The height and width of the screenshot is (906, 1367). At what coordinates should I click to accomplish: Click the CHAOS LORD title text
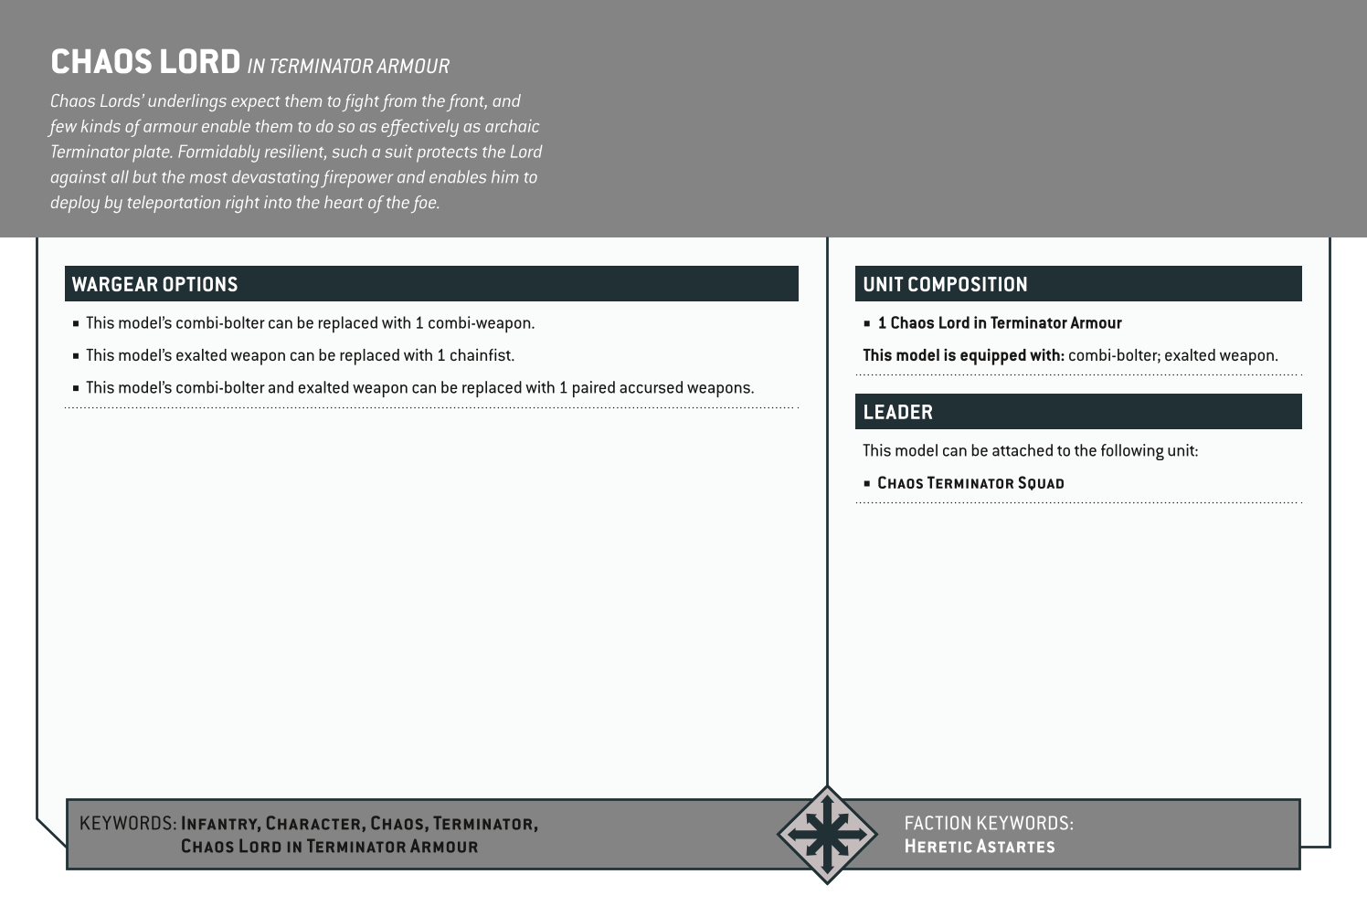[145, 62]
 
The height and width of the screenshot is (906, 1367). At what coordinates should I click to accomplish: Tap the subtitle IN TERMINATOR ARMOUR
[348, 66]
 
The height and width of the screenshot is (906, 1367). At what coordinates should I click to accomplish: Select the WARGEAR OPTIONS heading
[154, 284]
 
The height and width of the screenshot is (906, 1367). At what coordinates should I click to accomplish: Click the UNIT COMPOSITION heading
[945, 284]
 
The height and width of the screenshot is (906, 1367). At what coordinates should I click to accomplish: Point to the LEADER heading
[897, 412]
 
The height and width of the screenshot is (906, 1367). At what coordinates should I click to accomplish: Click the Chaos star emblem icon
[826, 834]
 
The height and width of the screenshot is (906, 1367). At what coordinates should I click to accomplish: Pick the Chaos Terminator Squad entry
[970, 483]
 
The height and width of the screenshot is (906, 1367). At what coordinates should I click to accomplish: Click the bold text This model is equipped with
[963, 355]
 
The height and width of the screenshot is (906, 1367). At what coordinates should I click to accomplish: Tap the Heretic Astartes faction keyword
[979, 847]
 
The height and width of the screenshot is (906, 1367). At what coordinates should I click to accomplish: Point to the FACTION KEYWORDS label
[988, 823]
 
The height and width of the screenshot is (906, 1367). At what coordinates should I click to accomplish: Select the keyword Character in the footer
[315, 824]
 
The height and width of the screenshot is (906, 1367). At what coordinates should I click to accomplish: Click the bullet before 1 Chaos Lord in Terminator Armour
[867, 323]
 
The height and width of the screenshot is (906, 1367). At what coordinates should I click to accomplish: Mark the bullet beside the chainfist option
[76, 356]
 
